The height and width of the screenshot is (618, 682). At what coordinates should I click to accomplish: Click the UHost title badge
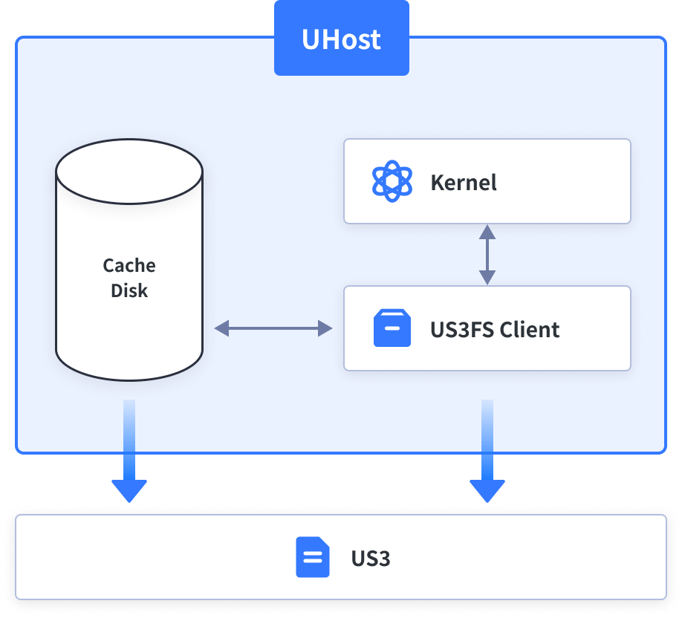(342, 38)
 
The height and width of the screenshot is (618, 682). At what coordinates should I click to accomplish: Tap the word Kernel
(464, 182)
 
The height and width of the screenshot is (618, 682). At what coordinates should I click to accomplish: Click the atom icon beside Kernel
(392, 181)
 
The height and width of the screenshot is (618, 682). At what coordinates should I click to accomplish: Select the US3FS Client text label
(495, 329)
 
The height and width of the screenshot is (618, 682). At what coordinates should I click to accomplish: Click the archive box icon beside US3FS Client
(392, 328)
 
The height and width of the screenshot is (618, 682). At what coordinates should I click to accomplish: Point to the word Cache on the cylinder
(129, 265)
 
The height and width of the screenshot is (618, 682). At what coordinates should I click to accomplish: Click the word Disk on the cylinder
(129, 290)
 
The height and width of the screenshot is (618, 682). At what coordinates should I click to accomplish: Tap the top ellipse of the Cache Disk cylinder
(129, 172)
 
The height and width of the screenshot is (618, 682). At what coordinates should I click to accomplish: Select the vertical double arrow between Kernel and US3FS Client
(487, 255)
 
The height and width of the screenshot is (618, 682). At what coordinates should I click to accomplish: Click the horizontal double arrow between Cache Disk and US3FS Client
(273, 328)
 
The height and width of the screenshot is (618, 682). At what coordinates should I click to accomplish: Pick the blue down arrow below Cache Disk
(129, 451)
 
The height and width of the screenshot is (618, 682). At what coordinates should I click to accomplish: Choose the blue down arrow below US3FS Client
(487, 451)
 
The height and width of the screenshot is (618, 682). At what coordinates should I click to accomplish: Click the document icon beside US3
(312, 557)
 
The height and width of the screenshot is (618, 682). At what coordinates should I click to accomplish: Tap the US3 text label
(371, 558)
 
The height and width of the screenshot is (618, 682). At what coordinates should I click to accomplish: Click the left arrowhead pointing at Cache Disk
(222, 328)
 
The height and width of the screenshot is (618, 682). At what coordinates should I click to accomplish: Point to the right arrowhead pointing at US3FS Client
(325, 328)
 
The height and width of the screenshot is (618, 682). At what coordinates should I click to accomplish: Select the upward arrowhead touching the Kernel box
(487, 232)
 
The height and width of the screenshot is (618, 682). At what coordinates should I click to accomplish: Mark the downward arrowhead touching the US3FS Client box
(487, 278)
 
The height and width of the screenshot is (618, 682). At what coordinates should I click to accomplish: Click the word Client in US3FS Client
(530, 329)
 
